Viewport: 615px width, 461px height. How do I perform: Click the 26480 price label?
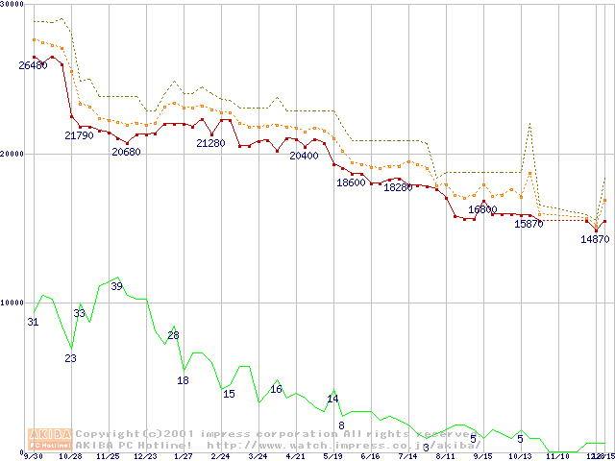tap(33, 65)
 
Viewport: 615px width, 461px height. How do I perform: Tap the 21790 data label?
tap(79, 135)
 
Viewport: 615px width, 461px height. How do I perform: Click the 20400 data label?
tap(304, 156)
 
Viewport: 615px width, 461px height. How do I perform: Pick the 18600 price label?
tap(351, 182)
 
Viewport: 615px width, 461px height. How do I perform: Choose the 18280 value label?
tap(397, 187)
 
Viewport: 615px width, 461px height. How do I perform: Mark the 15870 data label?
tap(529, 224)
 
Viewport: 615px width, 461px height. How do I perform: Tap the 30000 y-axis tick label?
tap(12, 4)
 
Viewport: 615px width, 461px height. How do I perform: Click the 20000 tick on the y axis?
tap(12, 154)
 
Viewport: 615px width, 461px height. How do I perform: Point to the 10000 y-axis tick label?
tap(12, 303)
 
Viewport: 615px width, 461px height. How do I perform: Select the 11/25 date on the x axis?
tap(108, 456)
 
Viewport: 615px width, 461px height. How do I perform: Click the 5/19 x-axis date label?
tap(332, 456)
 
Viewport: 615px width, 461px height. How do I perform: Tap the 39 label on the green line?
tap(116, 286)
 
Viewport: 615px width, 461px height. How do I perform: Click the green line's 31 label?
tap(33, 322)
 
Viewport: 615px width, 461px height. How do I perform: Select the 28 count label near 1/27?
tap(173, 335)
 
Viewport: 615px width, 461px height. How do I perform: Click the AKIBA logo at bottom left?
tap(50, 439)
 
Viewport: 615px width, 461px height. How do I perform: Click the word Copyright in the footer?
tap(110, 433)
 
